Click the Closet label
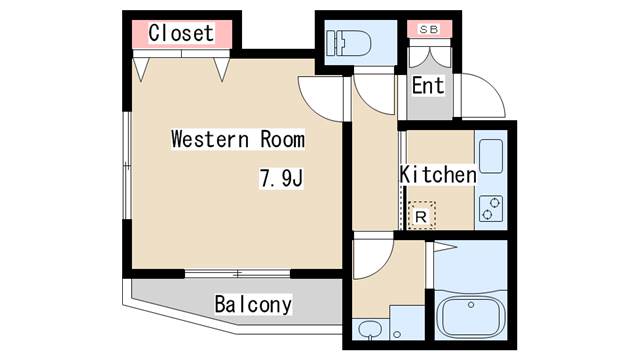181,33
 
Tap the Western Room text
237,139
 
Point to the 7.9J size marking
281,180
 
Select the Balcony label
253,304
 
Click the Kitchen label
438,175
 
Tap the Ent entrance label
428,86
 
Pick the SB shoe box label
429,29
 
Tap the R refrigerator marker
421,215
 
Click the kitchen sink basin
490,156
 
